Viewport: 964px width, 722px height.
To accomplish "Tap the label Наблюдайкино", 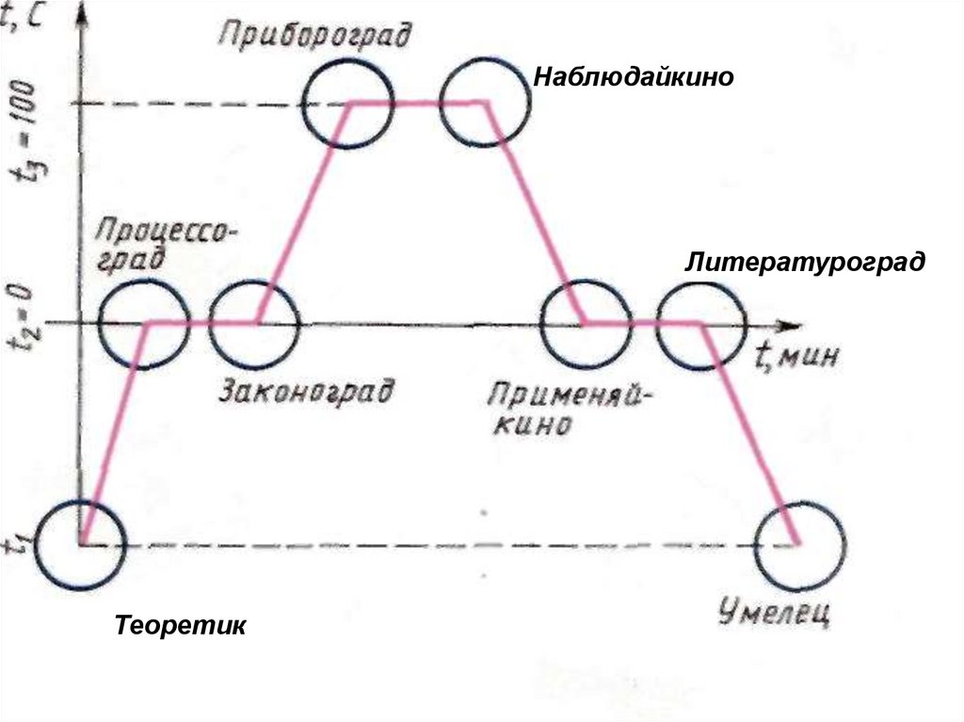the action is tap(633, 76).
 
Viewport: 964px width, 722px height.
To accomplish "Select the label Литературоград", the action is tap(805, 261).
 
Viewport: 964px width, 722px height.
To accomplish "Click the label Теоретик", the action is tap(180, 625).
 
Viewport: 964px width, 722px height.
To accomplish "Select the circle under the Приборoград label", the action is tap(347, 104).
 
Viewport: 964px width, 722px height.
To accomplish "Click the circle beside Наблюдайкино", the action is tap(485, 103).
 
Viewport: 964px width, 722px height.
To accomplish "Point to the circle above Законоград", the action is tap(254, 323).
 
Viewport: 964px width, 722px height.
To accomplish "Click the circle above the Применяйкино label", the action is tap(586, 323).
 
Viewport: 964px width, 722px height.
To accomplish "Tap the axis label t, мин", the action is tap(796, 356).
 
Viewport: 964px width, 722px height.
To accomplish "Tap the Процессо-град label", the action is tap(166, 246).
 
